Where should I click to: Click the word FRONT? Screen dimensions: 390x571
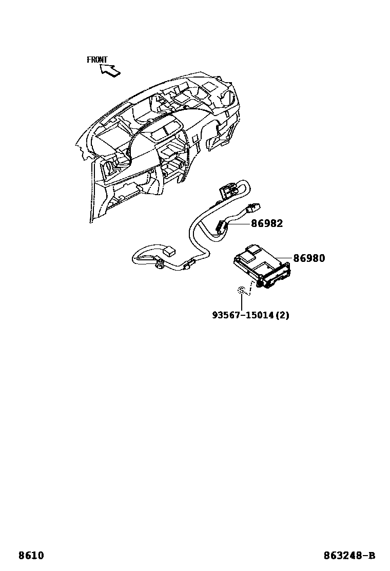click(97, 60)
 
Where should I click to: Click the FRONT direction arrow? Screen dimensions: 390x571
click(110, 71)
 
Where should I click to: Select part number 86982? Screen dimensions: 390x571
click(266, 224)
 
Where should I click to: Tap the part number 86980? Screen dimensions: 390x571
click(309, 258)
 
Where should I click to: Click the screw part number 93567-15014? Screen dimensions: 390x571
click(244, 315)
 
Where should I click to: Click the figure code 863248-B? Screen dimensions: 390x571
click(349, 556)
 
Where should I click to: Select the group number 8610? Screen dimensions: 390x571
click(31, 556)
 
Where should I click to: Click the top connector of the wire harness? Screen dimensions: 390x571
click(226, 191)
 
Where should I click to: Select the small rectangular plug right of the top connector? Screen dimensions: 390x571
click(252, 209)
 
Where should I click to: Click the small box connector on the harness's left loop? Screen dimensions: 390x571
click(168, 251)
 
